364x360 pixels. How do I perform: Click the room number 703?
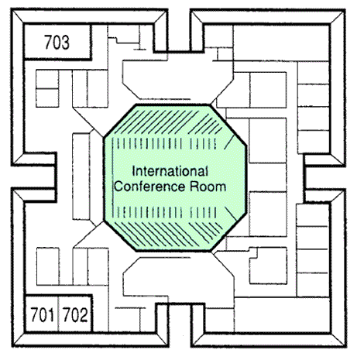tap(57, 42)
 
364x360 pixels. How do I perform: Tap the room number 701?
tap(43, 314)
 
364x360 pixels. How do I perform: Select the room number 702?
tap(75, 314)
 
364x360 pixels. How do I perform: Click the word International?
tap(170, 171)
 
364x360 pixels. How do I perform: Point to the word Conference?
tap(149, 187)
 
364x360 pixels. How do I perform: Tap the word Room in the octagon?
tap(208, 187)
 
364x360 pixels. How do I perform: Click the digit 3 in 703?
tap(65, 42)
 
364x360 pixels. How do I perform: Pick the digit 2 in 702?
tap(84, 314)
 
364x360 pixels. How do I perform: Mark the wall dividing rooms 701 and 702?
tap(58, 314)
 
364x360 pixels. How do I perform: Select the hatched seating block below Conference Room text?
tap(168, 233)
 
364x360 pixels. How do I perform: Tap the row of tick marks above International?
tap(164, 143)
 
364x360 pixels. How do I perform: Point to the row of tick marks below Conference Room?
tap(164, 212)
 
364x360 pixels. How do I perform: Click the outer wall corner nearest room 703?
tap(12, 9)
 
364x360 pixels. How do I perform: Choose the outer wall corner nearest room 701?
tap(12, 346)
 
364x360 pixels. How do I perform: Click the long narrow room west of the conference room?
tap(81, 177)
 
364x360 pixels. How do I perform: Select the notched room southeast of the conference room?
tap(268, 266)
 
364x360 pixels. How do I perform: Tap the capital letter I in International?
tap(133, 171)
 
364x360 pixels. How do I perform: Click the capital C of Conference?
tap(118, 187)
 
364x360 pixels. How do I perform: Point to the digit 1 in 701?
tap(50, 314)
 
